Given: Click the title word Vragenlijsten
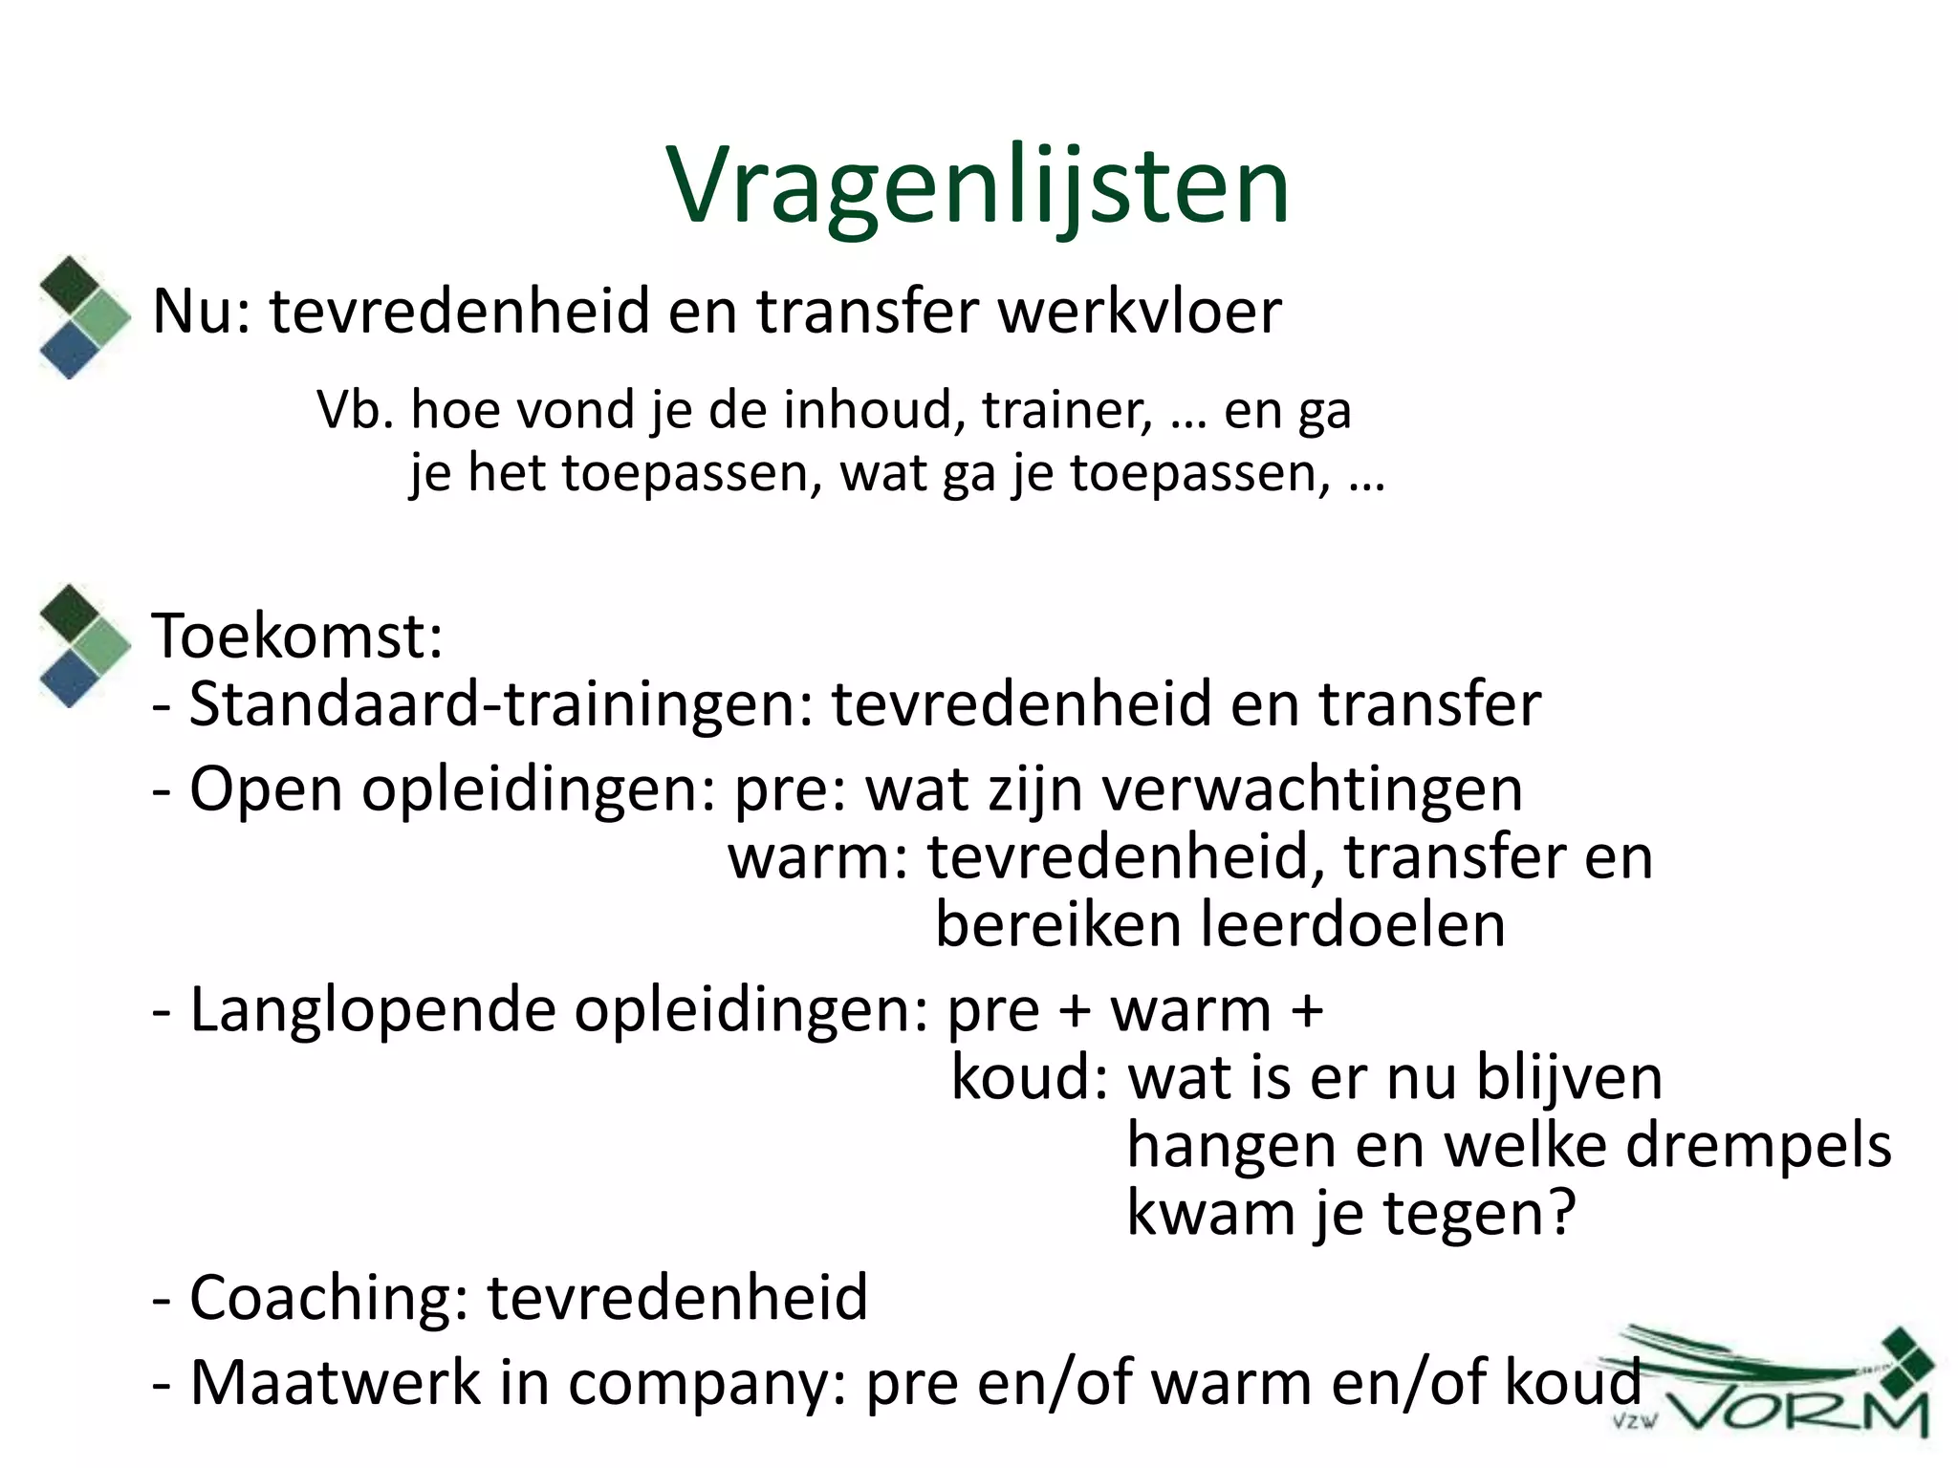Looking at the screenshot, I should coord(977,185).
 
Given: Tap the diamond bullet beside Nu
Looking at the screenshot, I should coord(84,316).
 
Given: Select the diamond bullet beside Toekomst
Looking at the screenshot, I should coord(84,645).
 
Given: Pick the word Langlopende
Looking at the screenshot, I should coord(373,1010).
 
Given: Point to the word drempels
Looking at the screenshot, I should coord(1758,1145).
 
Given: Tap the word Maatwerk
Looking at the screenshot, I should coord(336,1383).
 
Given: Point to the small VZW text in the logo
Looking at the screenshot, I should coord(1634,1421).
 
